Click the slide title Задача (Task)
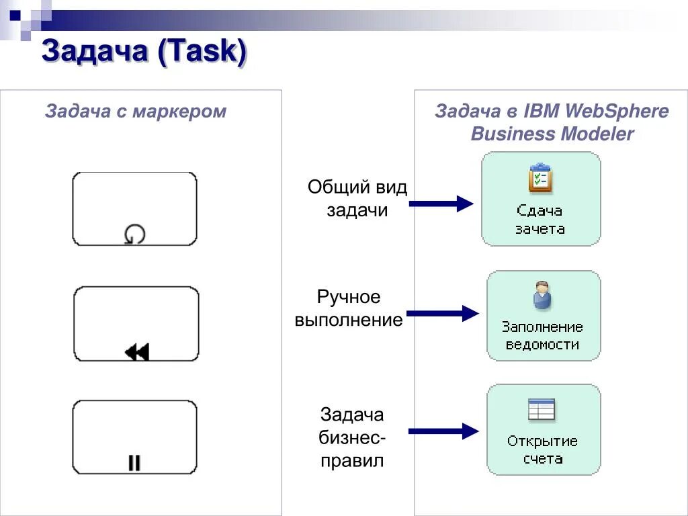tap(144, 52)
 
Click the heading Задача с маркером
tap(136, 111)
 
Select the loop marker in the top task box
tap(134, 234)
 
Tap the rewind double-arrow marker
tap(137, 351)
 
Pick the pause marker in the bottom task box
tap(134, 462)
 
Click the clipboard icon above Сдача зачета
tap(540, 178)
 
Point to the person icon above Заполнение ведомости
tap(542, 296)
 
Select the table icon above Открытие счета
tap(542, 409)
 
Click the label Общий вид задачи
tap(357, 198)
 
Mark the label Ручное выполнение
tap(349, 308)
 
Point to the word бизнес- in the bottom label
tap(352, 438)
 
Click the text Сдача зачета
tap(540, 220)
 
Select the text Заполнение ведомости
tap(542, 336)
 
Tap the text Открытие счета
tap(542, 450)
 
